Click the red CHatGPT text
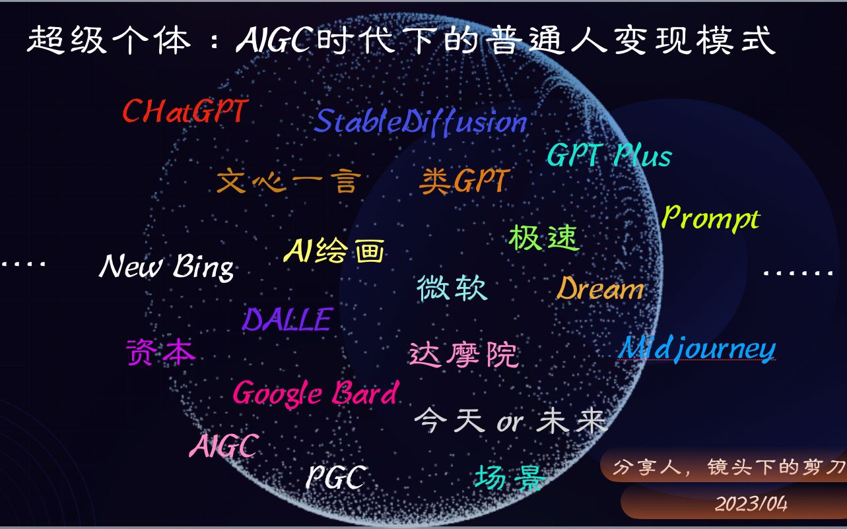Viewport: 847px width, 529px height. pos(184,111)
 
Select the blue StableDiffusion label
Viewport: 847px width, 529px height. pos(421,122)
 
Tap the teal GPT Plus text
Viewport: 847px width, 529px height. pos(609,156)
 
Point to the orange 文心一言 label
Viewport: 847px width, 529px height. pos(288,181)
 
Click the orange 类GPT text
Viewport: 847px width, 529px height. pos(464,181)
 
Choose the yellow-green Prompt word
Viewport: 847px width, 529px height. pos(710,218)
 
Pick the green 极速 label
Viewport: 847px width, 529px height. pos(543,237)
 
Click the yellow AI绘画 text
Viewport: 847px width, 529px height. pos(334,251)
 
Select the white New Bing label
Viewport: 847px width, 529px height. pos(166,266)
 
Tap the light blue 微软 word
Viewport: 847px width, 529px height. pos(452,288)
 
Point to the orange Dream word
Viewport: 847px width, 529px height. pos(599,289)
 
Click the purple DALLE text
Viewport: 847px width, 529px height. pos(287,320)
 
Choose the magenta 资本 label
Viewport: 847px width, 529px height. pos(161,352)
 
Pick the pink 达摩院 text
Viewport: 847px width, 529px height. pos(463,355)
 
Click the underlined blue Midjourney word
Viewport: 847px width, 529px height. pos(696,348)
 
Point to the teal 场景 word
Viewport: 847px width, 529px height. pos(509,477)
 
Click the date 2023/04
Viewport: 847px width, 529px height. pos(752,504)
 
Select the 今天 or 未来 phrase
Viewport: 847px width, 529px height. pos(510,421)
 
